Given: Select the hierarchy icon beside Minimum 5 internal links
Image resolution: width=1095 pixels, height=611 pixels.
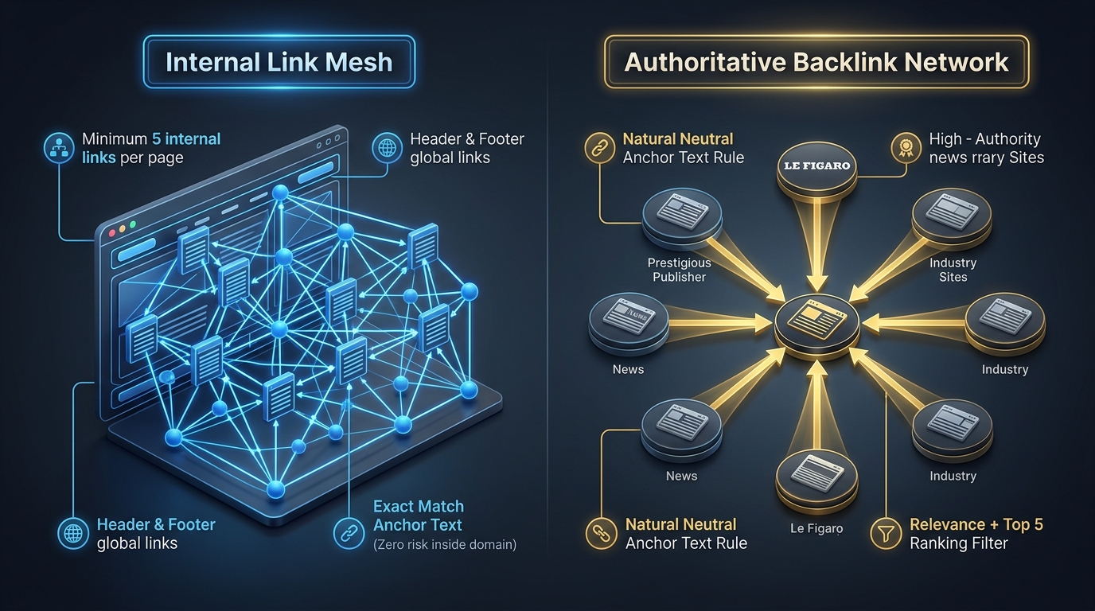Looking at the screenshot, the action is coord(59,148).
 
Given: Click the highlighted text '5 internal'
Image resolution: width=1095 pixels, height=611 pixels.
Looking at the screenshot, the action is coord(186,138).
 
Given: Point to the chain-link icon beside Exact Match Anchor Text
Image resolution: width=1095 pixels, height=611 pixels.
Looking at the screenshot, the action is coord(349,534).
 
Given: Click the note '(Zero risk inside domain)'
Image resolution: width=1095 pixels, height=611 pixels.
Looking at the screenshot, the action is coord(445,544).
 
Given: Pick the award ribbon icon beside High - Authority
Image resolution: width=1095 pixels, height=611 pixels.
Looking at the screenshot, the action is coord(906,148).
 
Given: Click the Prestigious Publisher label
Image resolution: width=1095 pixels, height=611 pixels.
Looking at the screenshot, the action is coord(679,270).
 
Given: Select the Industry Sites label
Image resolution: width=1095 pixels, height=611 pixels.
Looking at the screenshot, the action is coord(953,270).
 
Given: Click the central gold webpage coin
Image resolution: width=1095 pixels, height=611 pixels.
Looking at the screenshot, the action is coord(816,326).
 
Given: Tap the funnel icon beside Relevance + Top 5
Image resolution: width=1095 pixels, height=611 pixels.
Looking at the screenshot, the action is coord(886,533).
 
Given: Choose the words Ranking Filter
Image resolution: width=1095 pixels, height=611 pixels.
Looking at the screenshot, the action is coord(959,543).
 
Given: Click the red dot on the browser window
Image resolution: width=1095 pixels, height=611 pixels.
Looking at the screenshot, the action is coord(112,232).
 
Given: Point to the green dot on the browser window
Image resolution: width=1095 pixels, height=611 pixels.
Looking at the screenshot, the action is coord(132,224).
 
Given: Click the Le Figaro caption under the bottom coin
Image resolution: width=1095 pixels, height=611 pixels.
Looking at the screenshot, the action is coord(816,528).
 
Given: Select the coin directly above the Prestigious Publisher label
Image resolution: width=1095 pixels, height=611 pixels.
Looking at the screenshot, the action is coord(682,219).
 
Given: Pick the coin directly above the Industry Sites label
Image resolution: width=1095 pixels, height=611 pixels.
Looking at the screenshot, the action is coord(952,219).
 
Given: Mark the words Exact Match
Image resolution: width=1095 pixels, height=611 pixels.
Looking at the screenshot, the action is coord(419,507).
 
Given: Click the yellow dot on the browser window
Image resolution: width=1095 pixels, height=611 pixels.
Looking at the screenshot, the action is coord(123,228).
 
